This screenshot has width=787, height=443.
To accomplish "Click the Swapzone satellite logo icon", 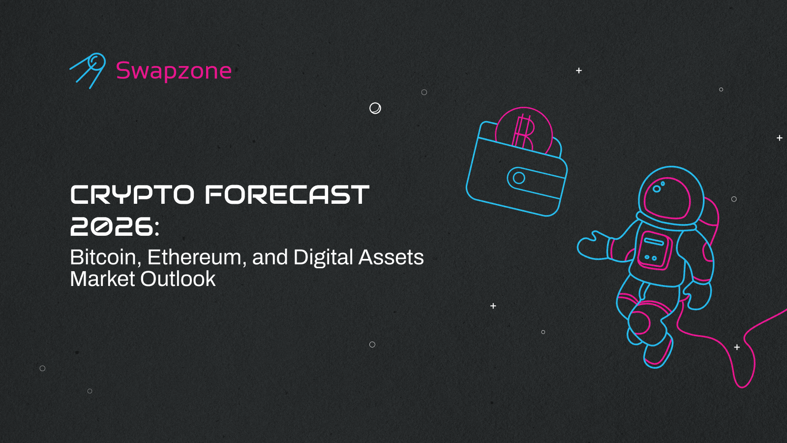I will (x=89, y=70).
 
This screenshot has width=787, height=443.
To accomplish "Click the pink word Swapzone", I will (x=174, y=71).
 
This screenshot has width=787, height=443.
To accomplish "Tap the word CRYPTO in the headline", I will (x=132, y=195).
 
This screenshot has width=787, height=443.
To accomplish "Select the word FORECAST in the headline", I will (x=287, y=195).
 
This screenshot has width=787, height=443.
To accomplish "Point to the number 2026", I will (x=112, y=227).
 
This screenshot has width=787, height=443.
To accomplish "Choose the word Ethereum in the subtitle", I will (x=194, y=257).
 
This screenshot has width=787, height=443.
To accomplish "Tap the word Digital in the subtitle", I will (x=323, y=257).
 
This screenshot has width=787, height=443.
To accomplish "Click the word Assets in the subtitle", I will (x=391, y=257).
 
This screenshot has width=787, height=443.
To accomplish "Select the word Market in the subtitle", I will (x=102, y=279).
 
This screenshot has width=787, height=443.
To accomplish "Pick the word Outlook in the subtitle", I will (x=178, y=279).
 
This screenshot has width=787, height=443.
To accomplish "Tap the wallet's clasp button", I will (x=519, y=178).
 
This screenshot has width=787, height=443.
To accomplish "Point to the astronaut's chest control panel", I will (x=655, y=250).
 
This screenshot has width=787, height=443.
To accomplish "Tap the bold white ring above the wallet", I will (x=375, y=108).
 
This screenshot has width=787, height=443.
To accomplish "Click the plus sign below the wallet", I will (x=493, y=306).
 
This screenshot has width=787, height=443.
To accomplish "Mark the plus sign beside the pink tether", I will (x=737, y=348).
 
